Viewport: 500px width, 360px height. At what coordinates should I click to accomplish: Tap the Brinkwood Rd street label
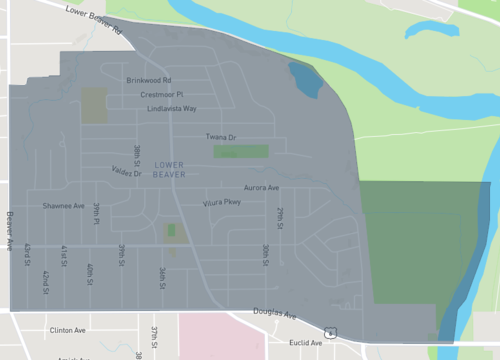click(149, 80)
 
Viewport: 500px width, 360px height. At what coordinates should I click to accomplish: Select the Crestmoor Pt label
click(161, 94)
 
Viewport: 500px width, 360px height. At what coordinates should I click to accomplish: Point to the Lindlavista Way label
click(171, 108)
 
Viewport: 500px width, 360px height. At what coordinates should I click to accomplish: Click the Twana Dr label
click(220, 137)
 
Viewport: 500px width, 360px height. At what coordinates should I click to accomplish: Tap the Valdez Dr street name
click(126, 172)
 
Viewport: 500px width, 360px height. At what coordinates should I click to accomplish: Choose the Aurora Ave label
click(261, 188)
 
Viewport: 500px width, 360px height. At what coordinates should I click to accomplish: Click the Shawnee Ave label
click(63, 206)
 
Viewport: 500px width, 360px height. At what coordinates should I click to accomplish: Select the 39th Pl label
click(97, 213)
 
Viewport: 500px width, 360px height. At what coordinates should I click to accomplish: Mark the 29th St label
click(282, 218)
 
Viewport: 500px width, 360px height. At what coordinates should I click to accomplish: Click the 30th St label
click(266, 254)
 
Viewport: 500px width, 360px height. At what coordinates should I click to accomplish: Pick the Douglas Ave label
click(275, 313)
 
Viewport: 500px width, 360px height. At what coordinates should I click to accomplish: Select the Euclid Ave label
click(302, 342)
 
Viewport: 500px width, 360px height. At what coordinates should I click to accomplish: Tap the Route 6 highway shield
click(329, 332)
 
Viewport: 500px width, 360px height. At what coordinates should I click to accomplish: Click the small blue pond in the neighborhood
click(305, 80)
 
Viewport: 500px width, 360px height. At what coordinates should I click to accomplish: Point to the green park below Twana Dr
click(241, 152)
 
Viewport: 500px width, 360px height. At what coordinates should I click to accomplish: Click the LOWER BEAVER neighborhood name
click(170, 169)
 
